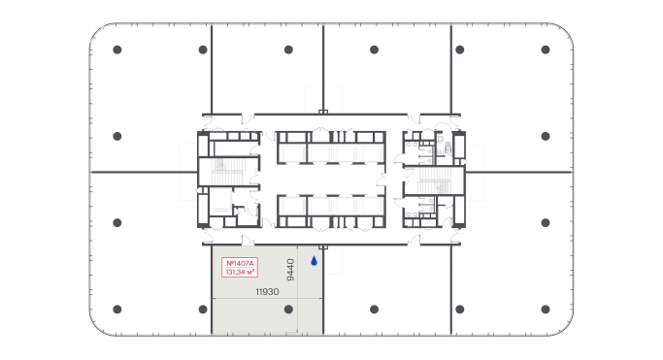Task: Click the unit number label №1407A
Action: point(239,263)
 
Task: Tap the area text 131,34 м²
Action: point(239,273)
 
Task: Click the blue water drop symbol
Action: point(314,260)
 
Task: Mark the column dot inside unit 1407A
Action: point(288,309)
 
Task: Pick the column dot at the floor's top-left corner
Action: point(116,49)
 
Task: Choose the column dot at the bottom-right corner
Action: point(545,310)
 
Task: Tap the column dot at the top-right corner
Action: point(545,49)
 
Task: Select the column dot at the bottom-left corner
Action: point(116,310)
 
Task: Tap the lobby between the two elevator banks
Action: point(330,180)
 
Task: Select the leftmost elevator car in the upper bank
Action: point(291,151)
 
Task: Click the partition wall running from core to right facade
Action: point(519,172)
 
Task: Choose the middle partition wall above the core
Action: point(322,68)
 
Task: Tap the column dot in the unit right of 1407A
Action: point(374,309)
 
